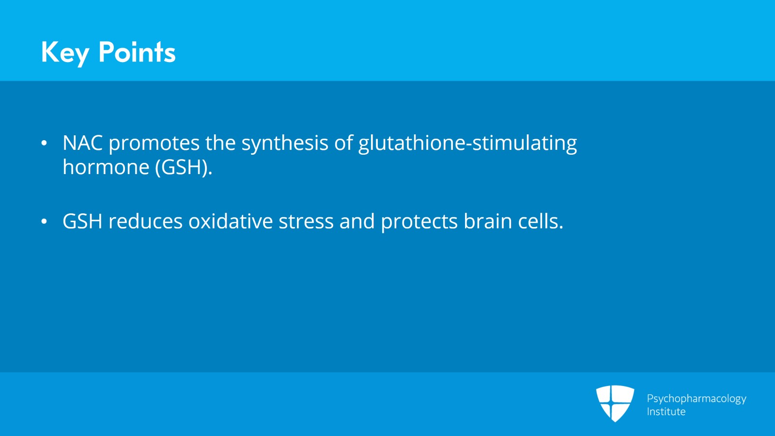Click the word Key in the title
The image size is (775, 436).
65,52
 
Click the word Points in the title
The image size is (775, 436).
137,52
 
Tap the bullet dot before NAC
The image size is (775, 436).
44,143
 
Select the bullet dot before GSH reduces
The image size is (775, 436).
44,222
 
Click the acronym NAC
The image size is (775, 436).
82,143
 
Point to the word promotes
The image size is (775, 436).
154,144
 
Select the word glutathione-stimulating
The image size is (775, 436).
467,144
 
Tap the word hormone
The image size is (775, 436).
106,167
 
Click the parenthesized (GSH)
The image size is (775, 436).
184,167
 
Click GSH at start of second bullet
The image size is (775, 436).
82,222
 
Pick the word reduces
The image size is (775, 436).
145,222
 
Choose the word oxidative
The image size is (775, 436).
231,222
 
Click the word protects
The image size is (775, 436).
419,222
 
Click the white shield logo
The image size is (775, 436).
615,403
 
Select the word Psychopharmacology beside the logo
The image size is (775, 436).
697,399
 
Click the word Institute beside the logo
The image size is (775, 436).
666,412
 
